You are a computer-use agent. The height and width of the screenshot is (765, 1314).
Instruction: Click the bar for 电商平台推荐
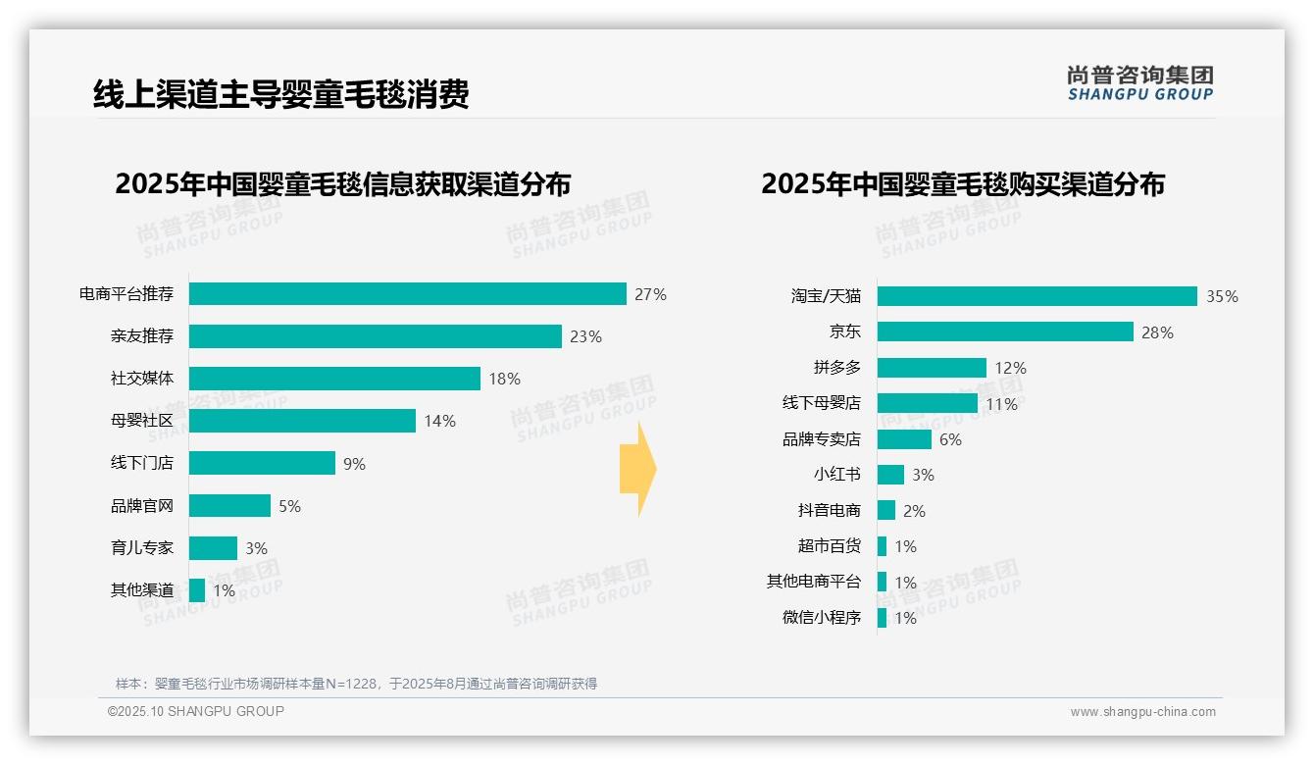point(407,294)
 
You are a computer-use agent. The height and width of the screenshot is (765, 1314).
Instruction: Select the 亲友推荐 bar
point(375,336)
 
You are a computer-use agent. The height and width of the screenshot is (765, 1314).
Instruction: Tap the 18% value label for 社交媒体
point(504,379)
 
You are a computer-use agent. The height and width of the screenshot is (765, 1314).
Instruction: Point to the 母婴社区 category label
point(141,421)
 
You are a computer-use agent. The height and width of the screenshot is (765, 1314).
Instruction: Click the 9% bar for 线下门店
point(262,463)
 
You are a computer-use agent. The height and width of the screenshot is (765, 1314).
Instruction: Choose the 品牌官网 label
point(141,506)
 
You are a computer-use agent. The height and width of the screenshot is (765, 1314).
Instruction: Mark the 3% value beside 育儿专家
point(256,548)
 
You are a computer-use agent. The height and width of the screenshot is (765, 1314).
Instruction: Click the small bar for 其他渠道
point(197,590)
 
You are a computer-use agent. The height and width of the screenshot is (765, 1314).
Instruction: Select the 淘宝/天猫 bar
point(1036,296)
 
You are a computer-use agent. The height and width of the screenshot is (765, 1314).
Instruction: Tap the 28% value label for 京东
point(1157,332)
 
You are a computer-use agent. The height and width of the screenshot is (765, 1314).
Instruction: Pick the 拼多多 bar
point(932,368)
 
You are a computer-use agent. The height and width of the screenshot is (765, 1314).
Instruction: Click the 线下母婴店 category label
point(821,403)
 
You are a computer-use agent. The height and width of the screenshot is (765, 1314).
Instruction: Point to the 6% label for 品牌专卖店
point(950,439)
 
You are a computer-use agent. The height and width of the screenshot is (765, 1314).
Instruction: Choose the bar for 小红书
point(890,475)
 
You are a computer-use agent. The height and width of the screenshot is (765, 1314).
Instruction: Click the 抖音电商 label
point(829,510)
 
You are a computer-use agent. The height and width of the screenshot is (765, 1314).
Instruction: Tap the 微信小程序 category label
point(821,617)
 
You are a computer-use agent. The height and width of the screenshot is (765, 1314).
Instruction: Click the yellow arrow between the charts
point(637,469)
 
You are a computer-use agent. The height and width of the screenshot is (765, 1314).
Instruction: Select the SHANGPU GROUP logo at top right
point(1140,83)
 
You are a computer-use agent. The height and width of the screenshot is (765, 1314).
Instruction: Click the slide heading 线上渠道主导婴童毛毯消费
point(280,94)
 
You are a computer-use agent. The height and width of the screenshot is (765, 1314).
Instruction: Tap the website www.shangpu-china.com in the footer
point(1142,712)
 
